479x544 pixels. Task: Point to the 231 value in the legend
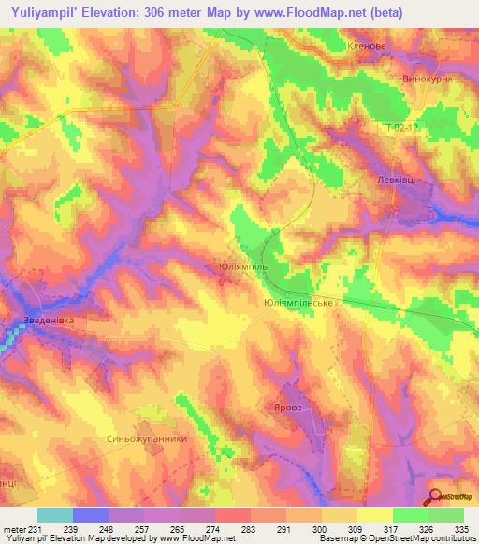click(x=35, y=529)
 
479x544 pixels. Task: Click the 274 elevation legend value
click(x=214, y=529)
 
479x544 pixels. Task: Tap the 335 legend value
click(x=463, y=529)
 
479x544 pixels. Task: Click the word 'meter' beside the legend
click(x=13, y=529)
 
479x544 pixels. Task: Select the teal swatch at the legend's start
click(x=54, y=515)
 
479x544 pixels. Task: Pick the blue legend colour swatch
click(x=90, y=515)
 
